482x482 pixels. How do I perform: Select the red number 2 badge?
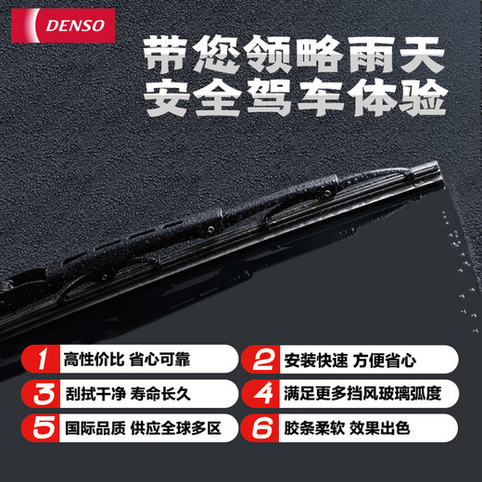(x=262, y=359)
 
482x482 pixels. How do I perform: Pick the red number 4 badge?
(x=262, y=394)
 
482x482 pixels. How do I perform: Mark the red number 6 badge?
(x=262, y=429)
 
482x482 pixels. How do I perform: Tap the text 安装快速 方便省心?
(x=356, y=359)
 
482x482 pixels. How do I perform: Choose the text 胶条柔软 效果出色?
(x=356, y=429)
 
